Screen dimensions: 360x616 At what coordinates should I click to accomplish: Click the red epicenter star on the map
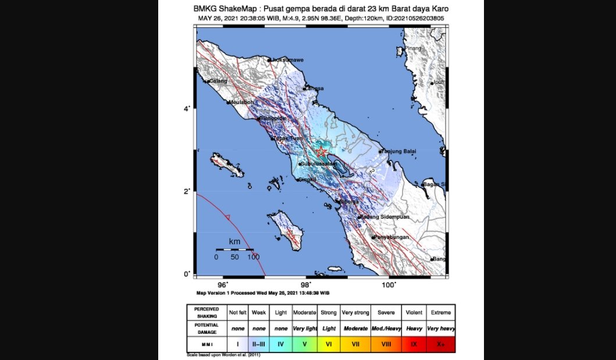click(x=321, y=152)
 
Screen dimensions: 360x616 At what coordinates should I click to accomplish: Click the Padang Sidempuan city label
click(x=386, y=217)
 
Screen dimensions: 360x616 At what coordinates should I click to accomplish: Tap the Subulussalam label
click(x=319, y=165)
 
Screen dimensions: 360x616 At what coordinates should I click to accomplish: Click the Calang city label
click(x=218, y=81)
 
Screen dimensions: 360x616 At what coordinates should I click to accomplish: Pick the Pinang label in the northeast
click(x=413, y=48)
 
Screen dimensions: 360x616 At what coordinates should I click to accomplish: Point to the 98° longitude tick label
click(x=306, y=284)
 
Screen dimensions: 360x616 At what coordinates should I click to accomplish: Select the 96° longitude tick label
click(x=223, y=284)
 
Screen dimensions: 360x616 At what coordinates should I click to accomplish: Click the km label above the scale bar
click(x=235, y=241)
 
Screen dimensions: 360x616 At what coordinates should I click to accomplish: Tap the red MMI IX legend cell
click(x=414, y=344)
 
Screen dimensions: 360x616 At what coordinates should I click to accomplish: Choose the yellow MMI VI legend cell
click(x=329, y=344)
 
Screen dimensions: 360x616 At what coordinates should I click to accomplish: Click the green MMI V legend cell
click(x=305, y=344)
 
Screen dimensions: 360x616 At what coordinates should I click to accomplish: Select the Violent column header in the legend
click(x=414, y=312)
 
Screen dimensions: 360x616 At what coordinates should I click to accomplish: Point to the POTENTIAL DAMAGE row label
click(x=206, y=328)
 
